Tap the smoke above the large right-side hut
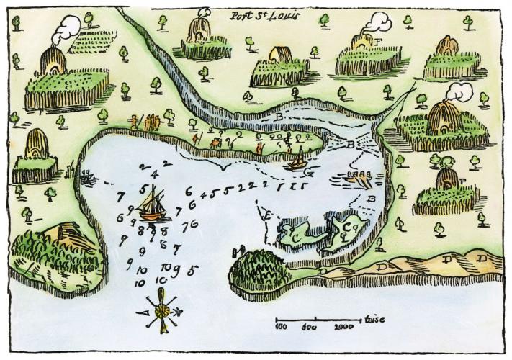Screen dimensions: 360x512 456,91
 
